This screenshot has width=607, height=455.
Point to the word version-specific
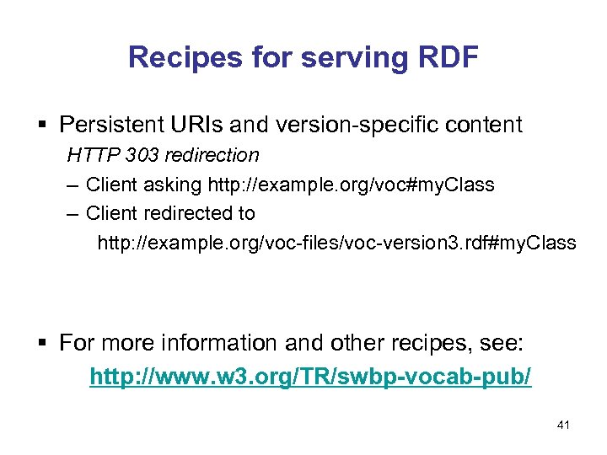(x=368, y=126)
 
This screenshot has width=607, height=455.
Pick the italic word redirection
(x=218, y=155)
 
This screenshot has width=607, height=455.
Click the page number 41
(x=563, y=426)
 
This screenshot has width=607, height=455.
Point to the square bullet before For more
(x=45, y=344)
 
